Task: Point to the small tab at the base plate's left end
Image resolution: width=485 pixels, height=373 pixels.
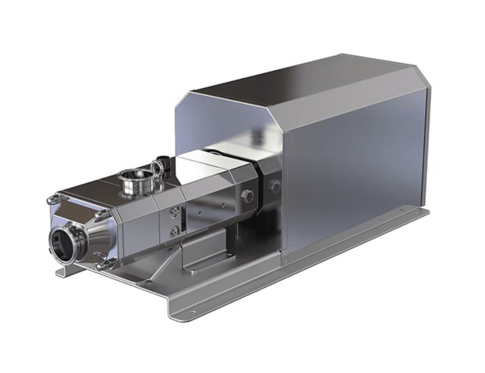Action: [x=60, y=272]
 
